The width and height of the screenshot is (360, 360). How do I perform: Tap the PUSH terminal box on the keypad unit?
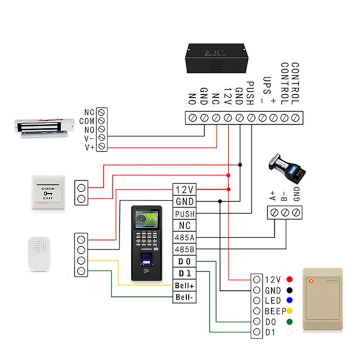(184, 214)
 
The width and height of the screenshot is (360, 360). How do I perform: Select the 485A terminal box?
(184, 238)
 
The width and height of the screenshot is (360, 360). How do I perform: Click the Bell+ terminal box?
(184, 286)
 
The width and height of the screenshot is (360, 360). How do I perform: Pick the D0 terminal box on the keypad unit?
(184, 262)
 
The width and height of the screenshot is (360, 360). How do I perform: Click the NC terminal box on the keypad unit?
(184, 226)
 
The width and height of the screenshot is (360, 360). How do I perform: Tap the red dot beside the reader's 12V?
(290, 280)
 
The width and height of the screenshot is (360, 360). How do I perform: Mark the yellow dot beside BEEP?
(290, 311)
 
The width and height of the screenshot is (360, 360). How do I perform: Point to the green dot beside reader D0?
(290, 322)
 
